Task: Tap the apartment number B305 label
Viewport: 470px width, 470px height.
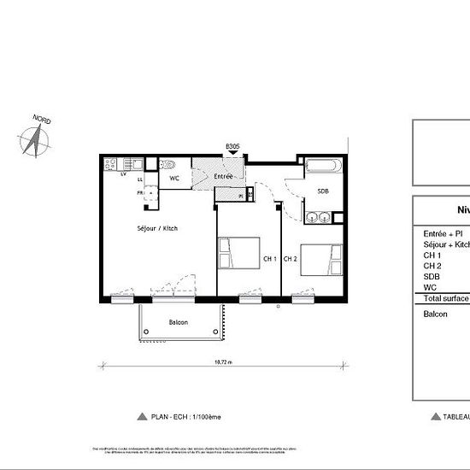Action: (232, 147)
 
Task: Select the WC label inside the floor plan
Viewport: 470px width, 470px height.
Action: (173, 179)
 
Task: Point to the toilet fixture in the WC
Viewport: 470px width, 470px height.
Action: (170, 165)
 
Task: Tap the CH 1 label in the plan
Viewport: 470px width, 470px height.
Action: (269, 258)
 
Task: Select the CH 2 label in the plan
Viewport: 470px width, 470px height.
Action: (291, 258)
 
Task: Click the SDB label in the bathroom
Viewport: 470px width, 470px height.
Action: (323, 191)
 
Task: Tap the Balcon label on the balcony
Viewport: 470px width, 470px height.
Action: (178, 322)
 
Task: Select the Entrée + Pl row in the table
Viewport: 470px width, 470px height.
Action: (444, 233)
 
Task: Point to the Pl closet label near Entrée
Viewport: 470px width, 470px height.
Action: (241, 196)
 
